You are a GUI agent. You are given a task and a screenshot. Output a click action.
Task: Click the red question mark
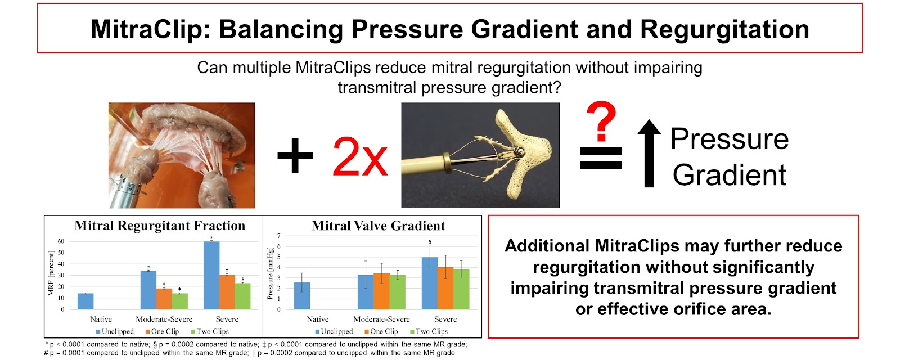point(601,120)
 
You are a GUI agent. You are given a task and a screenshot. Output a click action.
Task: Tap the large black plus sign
point(295,155)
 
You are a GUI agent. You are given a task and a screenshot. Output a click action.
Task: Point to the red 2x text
point(360,157)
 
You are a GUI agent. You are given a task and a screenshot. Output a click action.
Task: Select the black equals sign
point(601,158)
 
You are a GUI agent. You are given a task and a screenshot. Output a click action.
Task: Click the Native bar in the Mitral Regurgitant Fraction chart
point(85,301)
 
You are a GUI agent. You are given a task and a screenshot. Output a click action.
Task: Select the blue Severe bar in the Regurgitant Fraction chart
point(211,275)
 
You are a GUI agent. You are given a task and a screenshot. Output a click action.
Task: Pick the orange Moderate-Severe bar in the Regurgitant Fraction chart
point(164,299)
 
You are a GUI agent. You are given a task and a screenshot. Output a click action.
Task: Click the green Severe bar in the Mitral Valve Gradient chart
point(461,289)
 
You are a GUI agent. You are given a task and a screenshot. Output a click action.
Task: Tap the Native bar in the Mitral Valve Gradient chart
point(302,296)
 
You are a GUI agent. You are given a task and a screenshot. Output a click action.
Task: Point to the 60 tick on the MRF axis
point(61,241)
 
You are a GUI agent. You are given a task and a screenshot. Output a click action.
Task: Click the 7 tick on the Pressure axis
point(279,236)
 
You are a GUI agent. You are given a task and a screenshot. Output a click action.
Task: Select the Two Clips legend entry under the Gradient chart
point(429,331)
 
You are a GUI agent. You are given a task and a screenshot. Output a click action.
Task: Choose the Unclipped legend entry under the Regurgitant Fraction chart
point(115,331)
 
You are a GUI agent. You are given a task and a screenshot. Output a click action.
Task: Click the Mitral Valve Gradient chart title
point(378,226)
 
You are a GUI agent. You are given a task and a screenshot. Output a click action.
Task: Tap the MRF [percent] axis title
point(51,273)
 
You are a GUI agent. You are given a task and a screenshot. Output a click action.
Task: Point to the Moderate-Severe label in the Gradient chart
point(382,319)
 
